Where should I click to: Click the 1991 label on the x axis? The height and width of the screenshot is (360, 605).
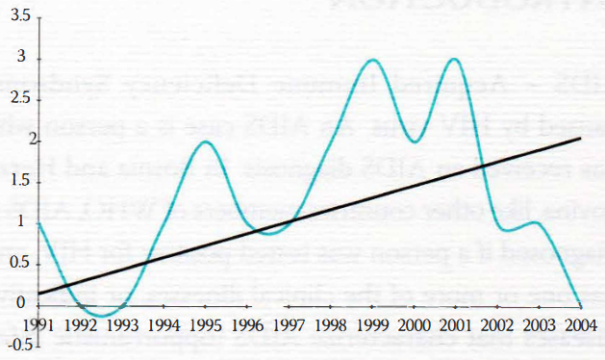38,324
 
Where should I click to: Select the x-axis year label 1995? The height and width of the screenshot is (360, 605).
205,324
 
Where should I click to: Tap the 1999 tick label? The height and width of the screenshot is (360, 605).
371,324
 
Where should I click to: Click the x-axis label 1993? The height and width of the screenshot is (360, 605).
121,324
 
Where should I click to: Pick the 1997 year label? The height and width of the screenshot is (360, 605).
288,324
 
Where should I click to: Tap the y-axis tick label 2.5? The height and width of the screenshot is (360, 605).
18,100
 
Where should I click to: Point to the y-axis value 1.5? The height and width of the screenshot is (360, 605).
18,181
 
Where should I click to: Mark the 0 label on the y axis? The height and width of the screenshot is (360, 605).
23,303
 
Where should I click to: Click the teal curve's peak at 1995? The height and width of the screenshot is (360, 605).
205,141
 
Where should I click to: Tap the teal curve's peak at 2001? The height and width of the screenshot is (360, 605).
454,60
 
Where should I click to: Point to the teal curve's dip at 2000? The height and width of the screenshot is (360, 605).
414,141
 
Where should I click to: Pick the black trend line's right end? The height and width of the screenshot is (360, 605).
581,139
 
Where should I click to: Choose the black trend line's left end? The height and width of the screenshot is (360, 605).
38,293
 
